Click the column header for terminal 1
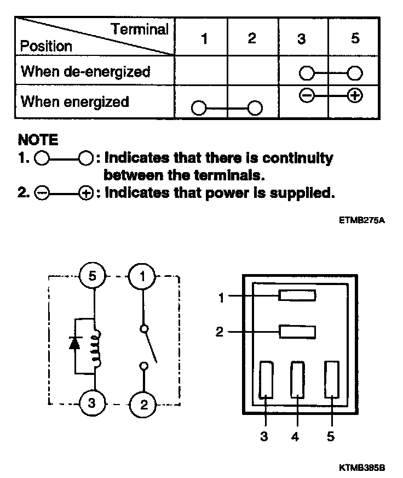coord(204,39)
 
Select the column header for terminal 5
coord(355,39)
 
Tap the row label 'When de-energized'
coord(85,71)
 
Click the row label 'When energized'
coord(74,101)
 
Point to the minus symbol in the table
coord(307,95)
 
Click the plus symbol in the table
coord(355,95)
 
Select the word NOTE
coord(38,140)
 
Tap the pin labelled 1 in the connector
coord(297,296)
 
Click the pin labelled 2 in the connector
coord(297,332)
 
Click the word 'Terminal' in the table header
coord(140,29)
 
